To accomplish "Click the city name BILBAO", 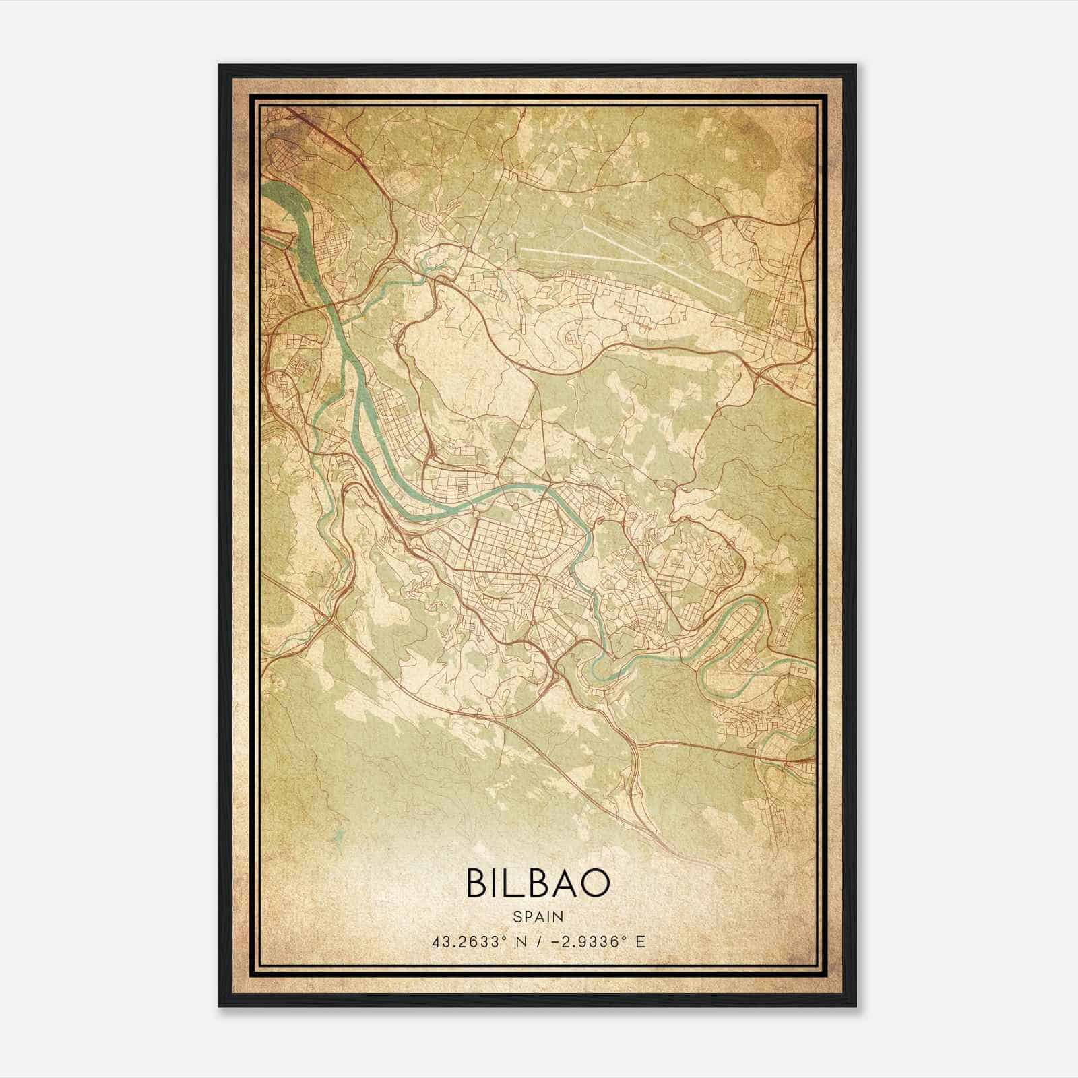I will [538, 884].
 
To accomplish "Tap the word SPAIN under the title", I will [538, 916].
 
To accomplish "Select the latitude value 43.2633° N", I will [478, 941].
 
